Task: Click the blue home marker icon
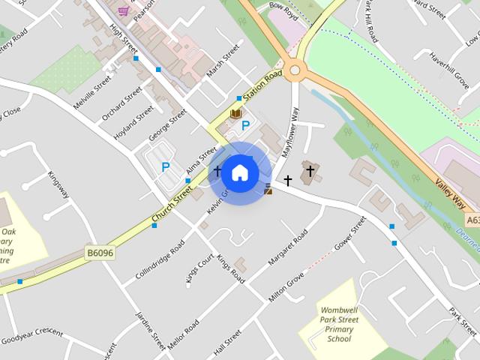tap(239, 173)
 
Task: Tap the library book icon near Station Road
tap(235, 114)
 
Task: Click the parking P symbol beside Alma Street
tap(165, 167)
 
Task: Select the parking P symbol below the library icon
tap(244, 126)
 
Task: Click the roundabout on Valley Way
tap(294, 71)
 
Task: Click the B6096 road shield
tap(99, 253)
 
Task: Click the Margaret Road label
tap(288, 247)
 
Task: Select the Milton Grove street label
tap(286, 288)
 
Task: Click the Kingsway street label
tap(58, 184)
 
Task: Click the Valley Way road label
tap(450, 193)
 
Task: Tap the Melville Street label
tap(92, 92)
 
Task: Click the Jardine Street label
tap(150, 330)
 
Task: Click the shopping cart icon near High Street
tap(123, 11)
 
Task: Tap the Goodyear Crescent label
tap(31, 335)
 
